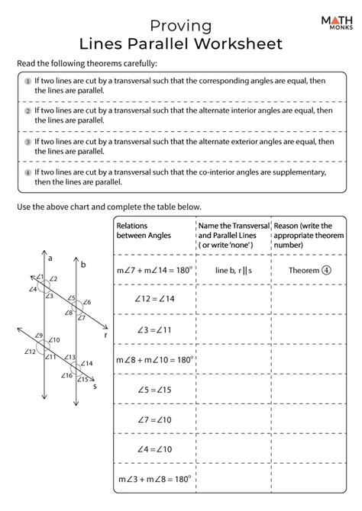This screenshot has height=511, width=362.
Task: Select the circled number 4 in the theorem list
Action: (27, 174)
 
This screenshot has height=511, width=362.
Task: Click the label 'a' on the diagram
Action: (50, 259)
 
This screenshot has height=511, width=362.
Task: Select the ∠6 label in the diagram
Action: (88, 303)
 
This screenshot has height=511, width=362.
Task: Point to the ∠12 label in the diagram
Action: (30, 352)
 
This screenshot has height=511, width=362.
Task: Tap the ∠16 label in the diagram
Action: (68, 375)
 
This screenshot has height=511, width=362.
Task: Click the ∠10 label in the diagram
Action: (57, 339)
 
